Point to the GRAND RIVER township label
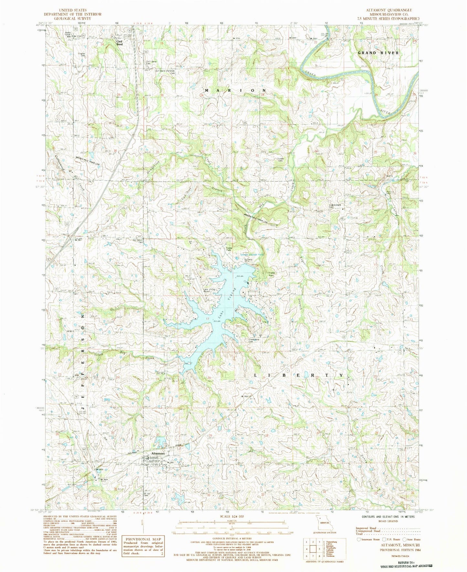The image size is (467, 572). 378,53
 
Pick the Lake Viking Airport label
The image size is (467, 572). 207,291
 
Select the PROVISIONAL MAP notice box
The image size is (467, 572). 143,545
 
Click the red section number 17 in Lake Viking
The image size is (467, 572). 207,319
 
